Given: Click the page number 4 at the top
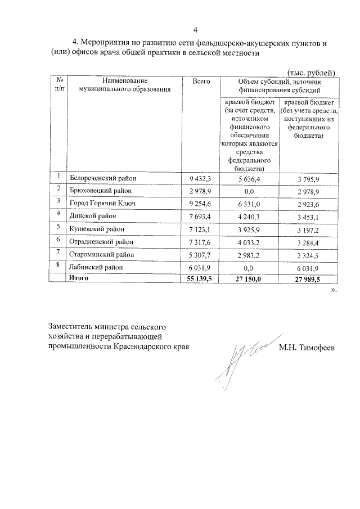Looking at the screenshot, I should [x=195, y=30].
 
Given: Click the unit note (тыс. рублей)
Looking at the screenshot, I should [x=312, y=73].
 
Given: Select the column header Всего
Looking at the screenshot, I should [x=201, y=82].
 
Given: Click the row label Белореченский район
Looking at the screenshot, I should [x=103, y=178].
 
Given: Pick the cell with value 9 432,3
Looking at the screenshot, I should [x=201, y=178].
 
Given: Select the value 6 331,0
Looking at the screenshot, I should [x=250, y=204].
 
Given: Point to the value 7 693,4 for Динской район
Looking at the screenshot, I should [x=201, y=217].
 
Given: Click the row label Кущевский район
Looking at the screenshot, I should [x=97, y=229].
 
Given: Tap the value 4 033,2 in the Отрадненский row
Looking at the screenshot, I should [x=250, y=242].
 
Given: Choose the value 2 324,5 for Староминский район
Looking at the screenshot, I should [x=308, y=255].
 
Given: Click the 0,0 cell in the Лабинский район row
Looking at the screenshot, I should [x=250, y=268].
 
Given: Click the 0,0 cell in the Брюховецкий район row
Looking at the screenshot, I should [x=250, y=191].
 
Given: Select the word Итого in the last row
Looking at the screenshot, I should [x=79, y=278].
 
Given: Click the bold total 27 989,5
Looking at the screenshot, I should [x=307, y=278].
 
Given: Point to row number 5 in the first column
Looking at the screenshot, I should [x=58, y=228].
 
